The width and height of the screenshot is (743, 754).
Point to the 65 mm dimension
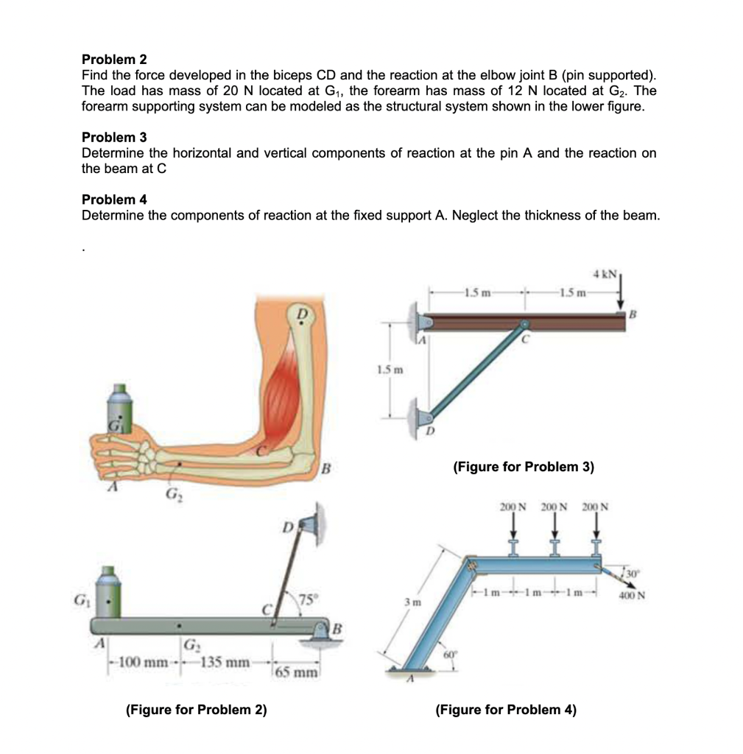pyautogui.click(x=297, y=672)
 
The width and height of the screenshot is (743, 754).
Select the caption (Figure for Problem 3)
pyautogui.click(x=524, y=467)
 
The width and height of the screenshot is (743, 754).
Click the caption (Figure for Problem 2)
pyautogui.click(x=197, y=710)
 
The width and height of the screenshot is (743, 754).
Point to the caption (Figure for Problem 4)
pyautogui.click(x=506, y=710)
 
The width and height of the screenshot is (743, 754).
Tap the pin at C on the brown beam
pyautogui.click(x=523, y=323)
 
